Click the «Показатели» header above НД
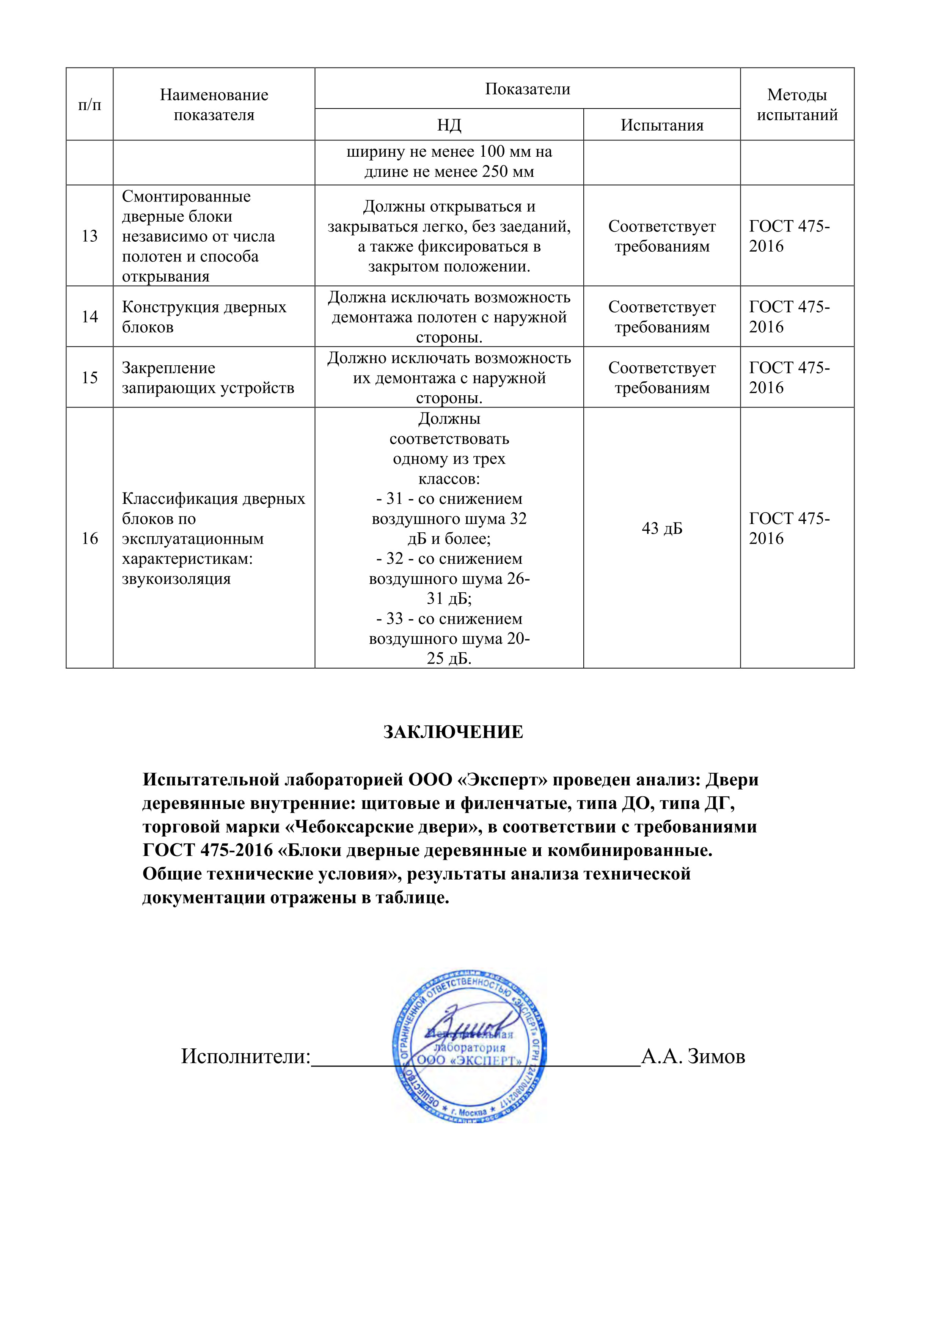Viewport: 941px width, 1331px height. [527, 89]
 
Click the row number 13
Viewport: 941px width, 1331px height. [90, 236]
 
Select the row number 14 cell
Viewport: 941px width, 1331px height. [90, 316]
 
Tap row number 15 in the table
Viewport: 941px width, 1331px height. [90, 378]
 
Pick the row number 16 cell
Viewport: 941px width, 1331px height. [90, 538]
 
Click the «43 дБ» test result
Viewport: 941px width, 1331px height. [662, 528]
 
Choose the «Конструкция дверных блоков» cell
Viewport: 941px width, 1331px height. [204, 316]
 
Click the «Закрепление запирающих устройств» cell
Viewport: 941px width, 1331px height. [207, 378]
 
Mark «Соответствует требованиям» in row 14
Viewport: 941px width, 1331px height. [662, 316]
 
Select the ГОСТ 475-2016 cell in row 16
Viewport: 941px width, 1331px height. [789, 528]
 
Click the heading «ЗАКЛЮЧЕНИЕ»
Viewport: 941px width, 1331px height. [453, 732]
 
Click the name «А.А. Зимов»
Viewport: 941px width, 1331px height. [693, 1056]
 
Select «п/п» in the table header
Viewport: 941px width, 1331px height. [90, 105]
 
